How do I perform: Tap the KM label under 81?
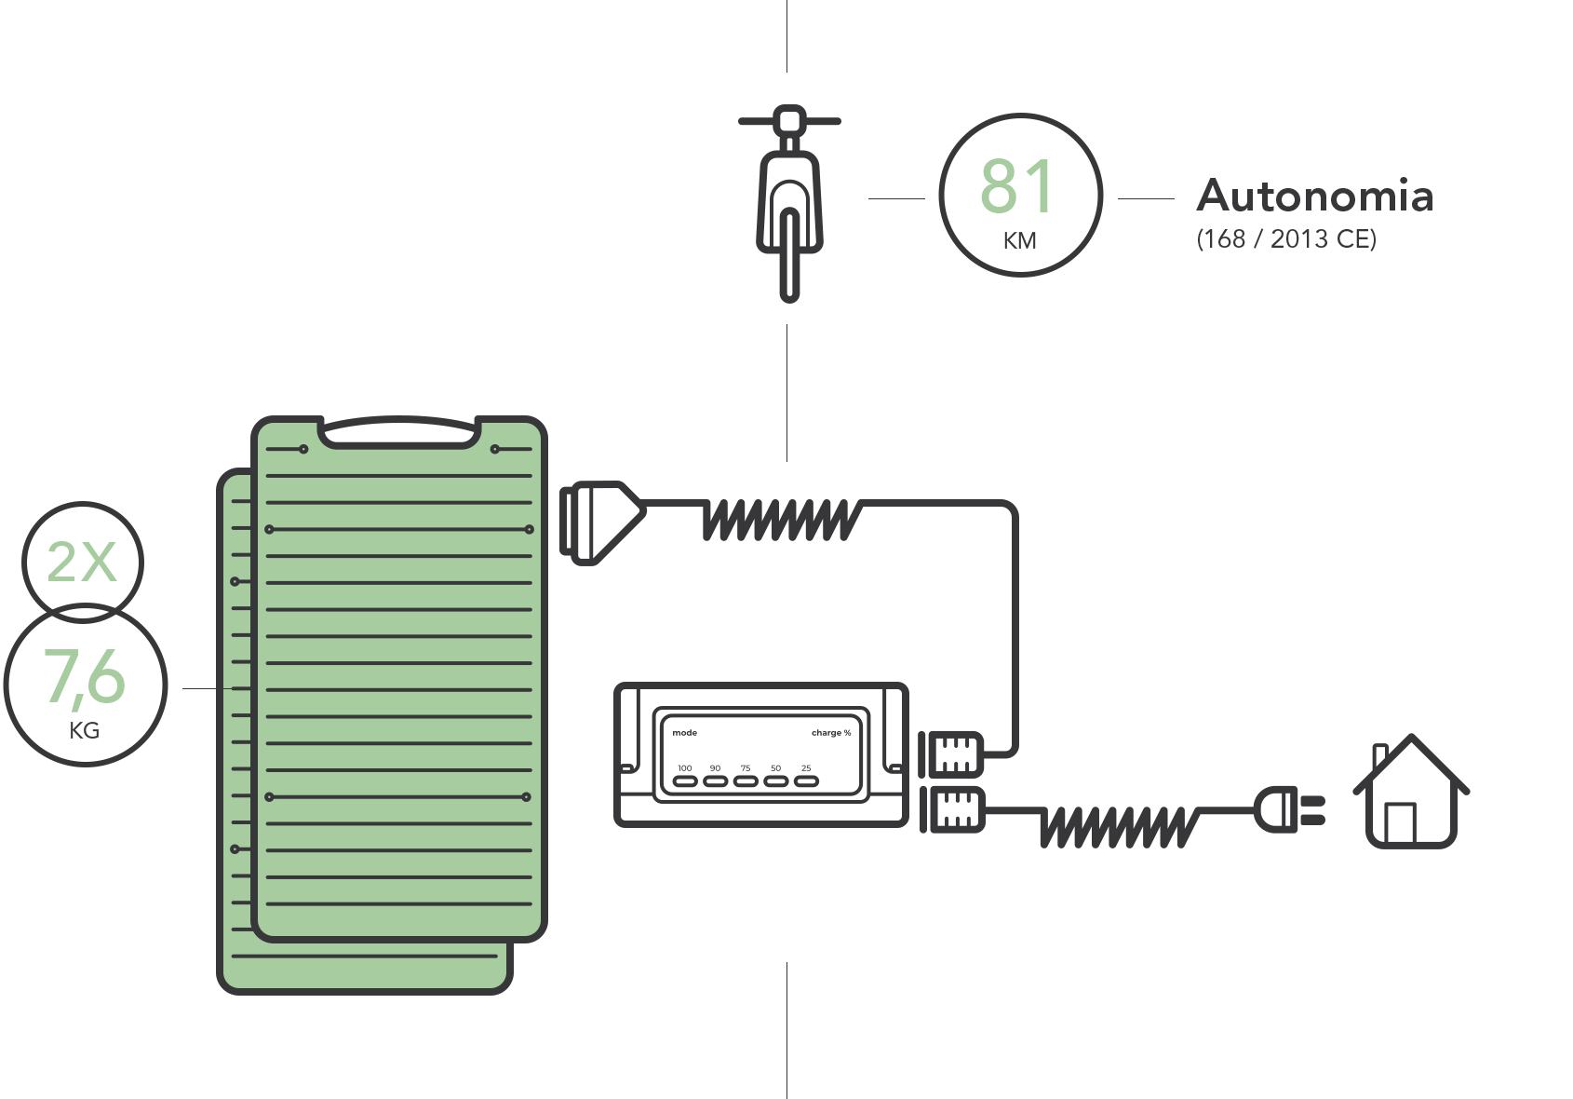pos(1019,241)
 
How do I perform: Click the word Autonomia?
pos(1314,196)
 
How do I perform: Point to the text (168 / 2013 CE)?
pos(1286,239)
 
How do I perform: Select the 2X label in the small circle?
pos(82,563)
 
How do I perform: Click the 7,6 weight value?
pos(85,676)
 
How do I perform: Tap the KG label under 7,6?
pos(85,731)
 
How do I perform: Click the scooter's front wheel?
pos(790,254)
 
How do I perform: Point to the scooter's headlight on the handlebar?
pos(790,119)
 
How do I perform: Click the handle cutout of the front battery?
pos(399,433)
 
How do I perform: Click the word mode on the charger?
pos(685,733)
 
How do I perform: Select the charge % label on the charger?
pos(831,733)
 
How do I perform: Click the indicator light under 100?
pos(685,781)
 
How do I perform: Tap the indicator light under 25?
pos(806,781)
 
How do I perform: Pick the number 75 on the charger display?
pos(746,768)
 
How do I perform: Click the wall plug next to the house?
pos(1289,809)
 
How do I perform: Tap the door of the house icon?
pos(1400,822)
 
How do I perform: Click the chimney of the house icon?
pos(1380,756)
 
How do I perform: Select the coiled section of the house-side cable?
pos(1120,826)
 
